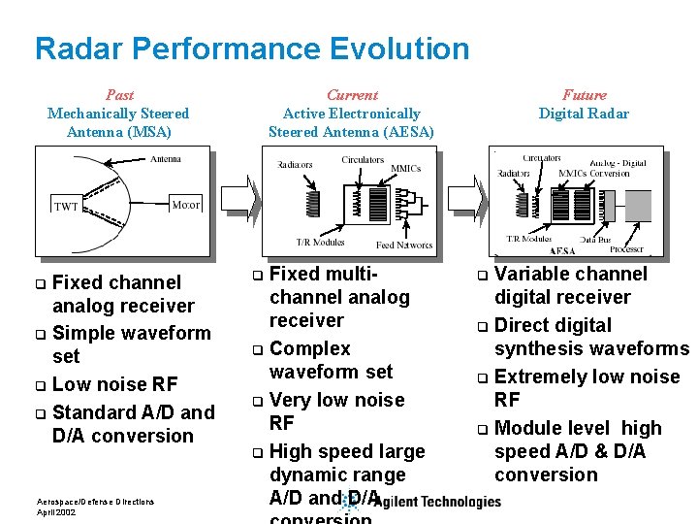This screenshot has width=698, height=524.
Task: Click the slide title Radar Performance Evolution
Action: point(252,48)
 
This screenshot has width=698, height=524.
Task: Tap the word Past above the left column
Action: point(119,95)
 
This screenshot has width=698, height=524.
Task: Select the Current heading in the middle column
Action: point(352,95)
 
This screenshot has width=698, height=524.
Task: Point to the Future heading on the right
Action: point(584,95)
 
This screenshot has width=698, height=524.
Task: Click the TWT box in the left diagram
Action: point(66,206)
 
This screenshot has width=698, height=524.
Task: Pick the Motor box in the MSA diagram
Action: point(185,205)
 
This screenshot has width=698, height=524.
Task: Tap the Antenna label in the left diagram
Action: point(166,159)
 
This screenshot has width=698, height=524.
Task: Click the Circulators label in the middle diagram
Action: point(363,160)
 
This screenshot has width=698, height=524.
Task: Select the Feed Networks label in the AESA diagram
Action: point(404,246)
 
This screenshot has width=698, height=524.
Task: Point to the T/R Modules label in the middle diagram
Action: point(320,242)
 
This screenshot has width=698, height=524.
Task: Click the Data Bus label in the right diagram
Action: point(593,238)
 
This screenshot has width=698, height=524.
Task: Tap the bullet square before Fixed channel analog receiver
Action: point(40,283)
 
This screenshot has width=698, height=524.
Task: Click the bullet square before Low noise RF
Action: point(40,385)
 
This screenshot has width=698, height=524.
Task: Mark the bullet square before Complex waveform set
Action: point(258,349)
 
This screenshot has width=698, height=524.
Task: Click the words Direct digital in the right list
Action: point(553,325)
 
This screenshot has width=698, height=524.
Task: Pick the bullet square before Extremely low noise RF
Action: point(483,377)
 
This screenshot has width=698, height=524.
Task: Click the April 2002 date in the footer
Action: point(57,511)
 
